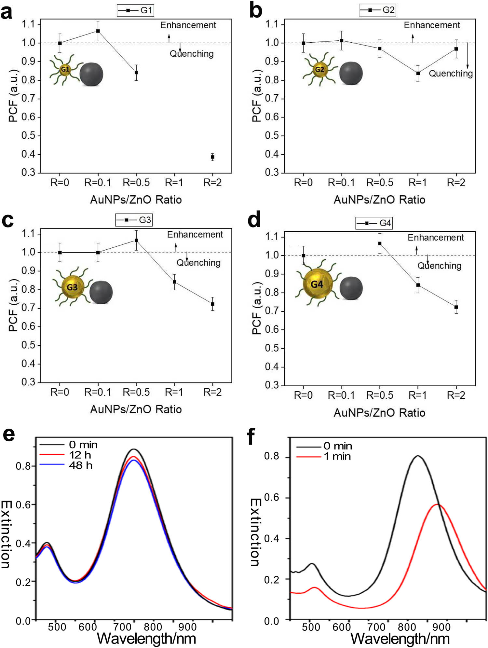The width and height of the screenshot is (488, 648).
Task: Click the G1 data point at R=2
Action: [x=212, y=157]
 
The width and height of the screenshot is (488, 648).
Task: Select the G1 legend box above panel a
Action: [x=135, y=10]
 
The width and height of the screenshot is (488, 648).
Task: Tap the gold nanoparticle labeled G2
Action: [x=319, y=70]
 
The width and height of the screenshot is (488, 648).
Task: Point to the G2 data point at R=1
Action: [x=418, y=73]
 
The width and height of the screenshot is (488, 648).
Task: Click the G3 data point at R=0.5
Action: [x=136, y=240]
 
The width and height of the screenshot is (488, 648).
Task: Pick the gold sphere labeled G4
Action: [x=318, y=284]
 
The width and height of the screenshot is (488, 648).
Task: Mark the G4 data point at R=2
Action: [x=456, y=307]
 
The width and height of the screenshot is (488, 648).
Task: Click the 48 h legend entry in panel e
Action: [x=80, y=465]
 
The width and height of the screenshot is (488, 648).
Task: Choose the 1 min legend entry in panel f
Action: [x=337, y=456]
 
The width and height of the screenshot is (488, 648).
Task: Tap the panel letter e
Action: [x=9, y=435]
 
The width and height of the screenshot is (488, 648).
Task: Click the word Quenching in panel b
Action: [x=451, y=74]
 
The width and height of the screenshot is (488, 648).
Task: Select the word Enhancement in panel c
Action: [x=195, y=234]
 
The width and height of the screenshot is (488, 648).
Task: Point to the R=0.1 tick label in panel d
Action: [x=341, y=395]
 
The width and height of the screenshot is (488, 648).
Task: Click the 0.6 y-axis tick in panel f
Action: [x=272, y=498]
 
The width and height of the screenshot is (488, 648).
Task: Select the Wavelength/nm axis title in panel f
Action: [x=400, y=639]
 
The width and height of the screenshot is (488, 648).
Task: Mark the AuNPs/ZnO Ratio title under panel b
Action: [x=379, y=200]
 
